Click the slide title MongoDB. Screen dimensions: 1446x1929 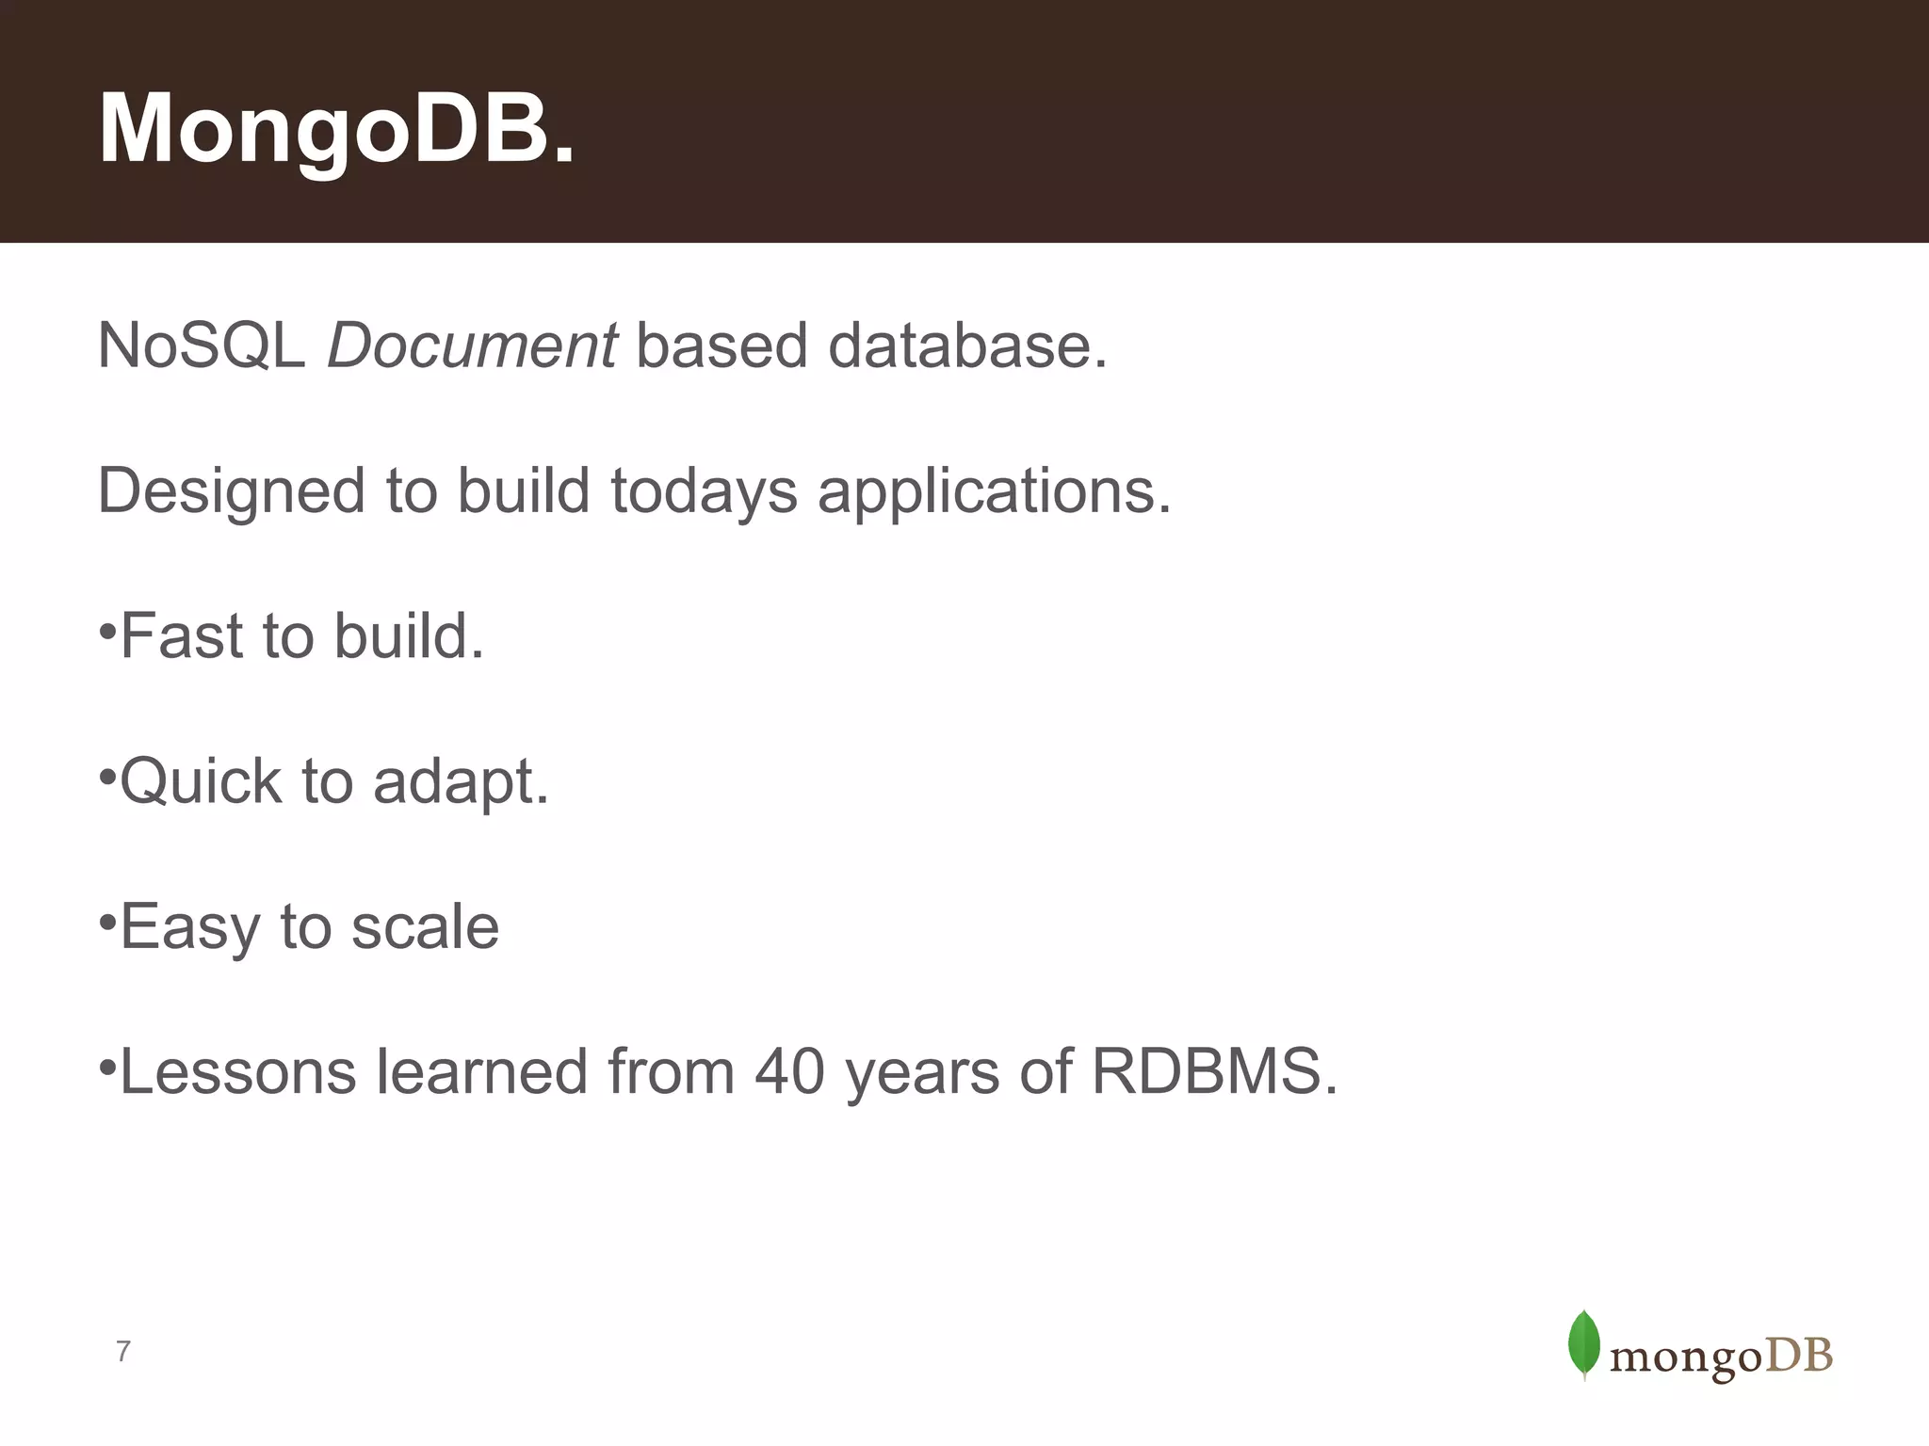[x=336, y=129]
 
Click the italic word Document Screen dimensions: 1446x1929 [x=472, y=345]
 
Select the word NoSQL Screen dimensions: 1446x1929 [x=201, y=345]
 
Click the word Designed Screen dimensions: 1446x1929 [x=232, y=491]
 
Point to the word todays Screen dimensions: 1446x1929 [x=704, y=491]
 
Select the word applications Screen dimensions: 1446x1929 [x=994, y=491]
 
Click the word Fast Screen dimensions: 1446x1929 [x=182, y=636]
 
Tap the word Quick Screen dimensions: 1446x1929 [x=201, y=781]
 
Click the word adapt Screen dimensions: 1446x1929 [x=460, y=781]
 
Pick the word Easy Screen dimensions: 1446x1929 [x=189, y=927]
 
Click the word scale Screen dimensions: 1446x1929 [x=425, y=927]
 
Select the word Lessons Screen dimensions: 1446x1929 [x=238, y=1072]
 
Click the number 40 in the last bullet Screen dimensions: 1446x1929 [x=789, y=1072]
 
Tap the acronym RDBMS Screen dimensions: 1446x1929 [x=1213, y=1072]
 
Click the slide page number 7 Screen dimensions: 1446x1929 [x=122, y=1352]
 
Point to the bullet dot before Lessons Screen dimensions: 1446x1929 [x=107, y=1067]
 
